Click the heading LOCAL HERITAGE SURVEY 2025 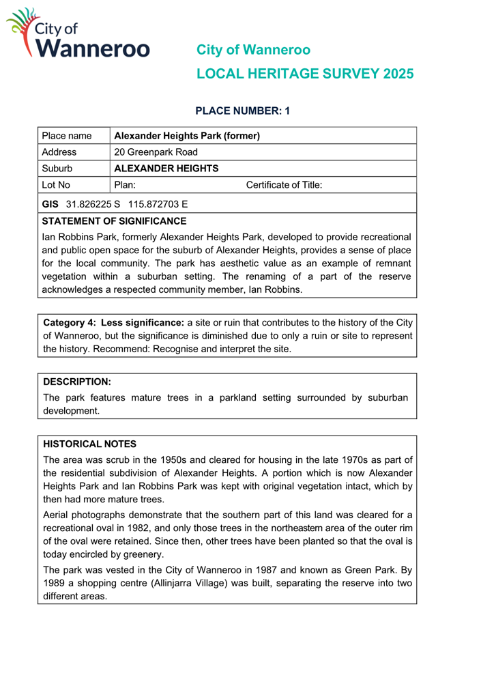(304, 74)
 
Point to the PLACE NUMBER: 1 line (243, 111)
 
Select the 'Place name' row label (66, 136)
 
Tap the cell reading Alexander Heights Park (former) (187, 136)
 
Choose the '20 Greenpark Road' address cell (156, 152)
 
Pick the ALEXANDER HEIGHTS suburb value (166, 169)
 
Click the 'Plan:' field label (125, 185)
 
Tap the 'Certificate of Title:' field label (283, 185)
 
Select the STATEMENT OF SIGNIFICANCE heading (114, 221)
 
